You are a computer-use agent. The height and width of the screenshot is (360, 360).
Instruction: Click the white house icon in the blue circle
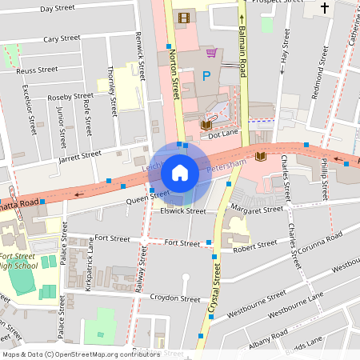180,173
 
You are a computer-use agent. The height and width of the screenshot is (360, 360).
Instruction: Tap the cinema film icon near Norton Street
186,18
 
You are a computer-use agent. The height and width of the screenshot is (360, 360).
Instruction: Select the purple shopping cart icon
211,53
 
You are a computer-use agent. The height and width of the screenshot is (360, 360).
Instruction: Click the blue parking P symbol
206,77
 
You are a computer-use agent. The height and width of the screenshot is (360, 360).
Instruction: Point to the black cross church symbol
324,9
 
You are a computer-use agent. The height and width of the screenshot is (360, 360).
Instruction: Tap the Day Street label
57,9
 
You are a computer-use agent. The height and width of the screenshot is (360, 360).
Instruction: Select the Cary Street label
62,38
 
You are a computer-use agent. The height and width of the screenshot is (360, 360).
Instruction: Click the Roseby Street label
70,96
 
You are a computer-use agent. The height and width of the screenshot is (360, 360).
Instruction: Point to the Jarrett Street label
80,154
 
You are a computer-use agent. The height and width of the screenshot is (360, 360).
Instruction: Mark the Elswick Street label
185,211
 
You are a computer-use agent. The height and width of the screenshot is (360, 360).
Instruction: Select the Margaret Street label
257,209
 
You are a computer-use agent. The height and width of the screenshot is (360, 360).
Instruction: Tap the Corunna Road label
316,238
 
